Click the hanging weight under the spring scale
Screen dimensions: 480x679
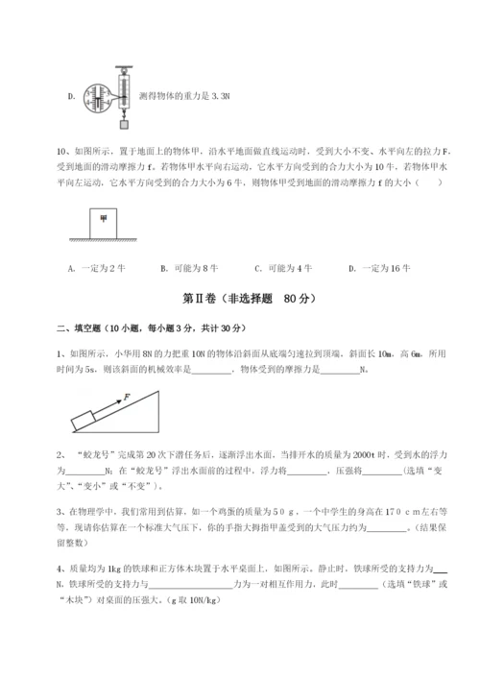pos(123,123)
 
